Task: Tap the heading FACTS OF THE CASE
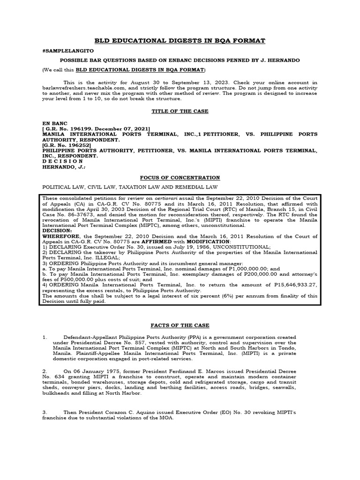[180, 325]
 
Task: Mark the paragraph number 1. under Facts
[45, 337]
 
